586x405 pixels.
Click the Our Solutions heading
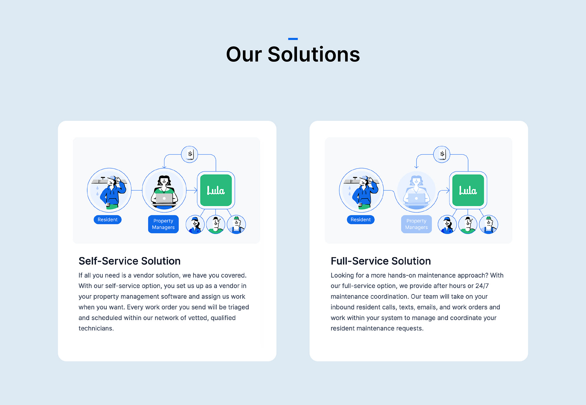(293, 54)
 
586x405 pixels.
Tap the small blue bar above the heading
(293, 39)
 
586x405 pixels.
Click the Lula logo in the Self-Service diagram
(216, 190)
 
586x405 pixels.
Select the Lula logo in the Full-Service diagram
(468, 190)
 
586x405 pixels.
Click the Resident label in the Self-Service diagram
(107, 219)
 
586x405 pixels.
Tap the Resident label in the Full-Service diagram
(360, 219)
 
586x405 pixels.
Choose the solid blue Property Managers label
(163, 224)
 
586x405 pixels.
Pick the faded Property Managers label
(416, 224)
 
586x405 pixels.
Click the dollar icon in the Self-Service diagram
(190, 154)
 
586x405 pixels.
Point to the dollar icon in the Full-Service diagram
(442, 154)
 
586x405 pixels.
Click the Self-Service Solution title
(129, 261)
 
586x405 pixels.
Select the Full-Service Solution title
(381, 261)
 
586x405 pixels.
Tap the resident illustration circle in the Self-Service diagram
(109, 190)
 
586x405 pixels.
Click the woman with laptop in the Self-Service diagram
(164, 190)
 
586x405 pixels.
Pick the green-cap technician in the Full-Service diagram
(488, 224)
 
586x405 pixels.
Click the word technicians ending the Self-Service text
(96, 328)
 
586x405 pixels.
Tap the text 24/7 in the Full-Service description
(482, 286)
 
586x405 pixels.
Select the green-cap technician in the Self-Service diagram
(236, 224)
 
